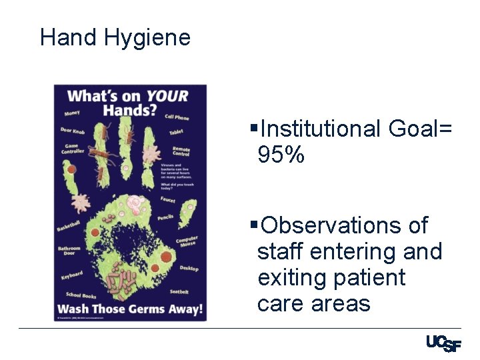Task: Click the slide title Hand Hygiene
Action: [x=115, y=37]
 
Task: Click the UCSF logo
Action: [x=443, y=344]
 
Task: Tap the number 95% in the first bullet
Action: [x=281, y=155]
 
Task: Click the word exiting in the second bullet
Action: [x=291, y=277]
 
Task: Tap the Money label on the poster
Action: [x=72, y=113]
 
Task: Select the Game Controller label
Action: [x=72, y=149]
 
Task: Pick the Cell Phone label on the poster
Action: [x=177, y=117]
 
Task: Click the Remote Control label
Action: [x=181, y=151]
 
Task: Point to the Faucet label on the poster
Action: [x=168, y=199]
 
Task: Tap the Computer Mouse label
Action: [x=187, y=241]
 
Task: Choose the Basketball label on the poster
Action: [x=69, y=226]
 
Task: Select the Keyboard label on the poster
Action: [x=72, y=275]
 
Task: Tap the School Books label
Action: [x=81, y=295]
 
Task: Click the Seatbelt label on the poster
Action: [x=179, y=292]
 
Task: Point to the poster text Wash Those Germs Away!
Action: [x=130, y=309]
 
